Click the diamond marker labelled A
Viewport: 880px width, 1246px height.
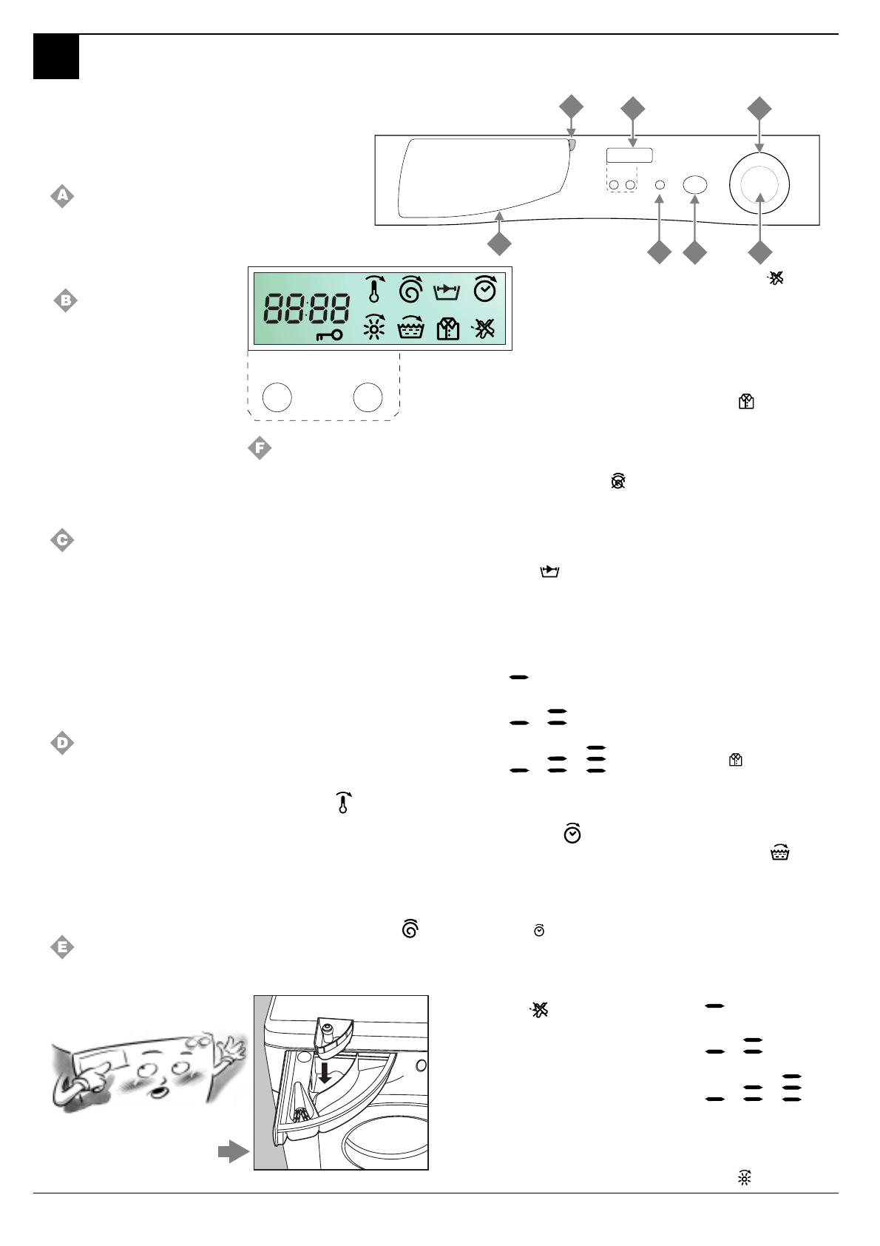(x=62, y=196)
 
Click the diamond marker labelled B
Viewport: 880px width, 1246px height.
(x=66, y=300)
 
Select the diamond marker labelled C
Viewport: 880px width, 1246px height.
(x=62, y=540)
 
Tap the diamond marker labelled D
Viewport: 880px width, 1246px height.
(x=62, y=742)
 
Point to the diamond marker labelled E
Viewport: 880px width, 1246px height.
(x=62, y=946)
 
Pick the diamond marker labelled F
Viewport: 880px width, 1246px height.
(x=260, y=448)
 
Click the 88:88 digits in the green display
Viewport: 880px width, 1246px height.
(x=307, y=308)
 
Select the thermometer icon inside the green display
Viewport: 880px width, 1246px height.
(x=374, y=289)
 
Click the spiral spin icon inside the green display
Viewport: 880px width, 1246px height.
(x=410, y=289)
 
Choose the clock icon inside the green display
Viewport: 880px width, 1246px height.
(x=484, y=289)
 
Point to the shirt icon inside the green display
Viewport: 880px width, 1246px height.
(x=447, y=329)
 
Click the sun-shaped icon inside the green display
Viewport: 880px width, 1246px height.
(x=374, y=327)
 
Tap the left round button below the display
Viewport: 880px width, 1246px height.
(x=277, y=397)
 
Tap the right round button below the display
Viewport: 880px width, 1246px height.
(x=368, y=397)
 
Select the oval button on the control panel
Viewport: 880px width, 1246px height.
(x=694, y=185)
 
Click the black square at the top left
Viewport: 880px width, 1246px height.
(x=56, y=57)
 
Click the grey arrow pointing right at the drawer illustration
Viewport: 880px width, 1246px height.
(x=233, y=1151)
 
